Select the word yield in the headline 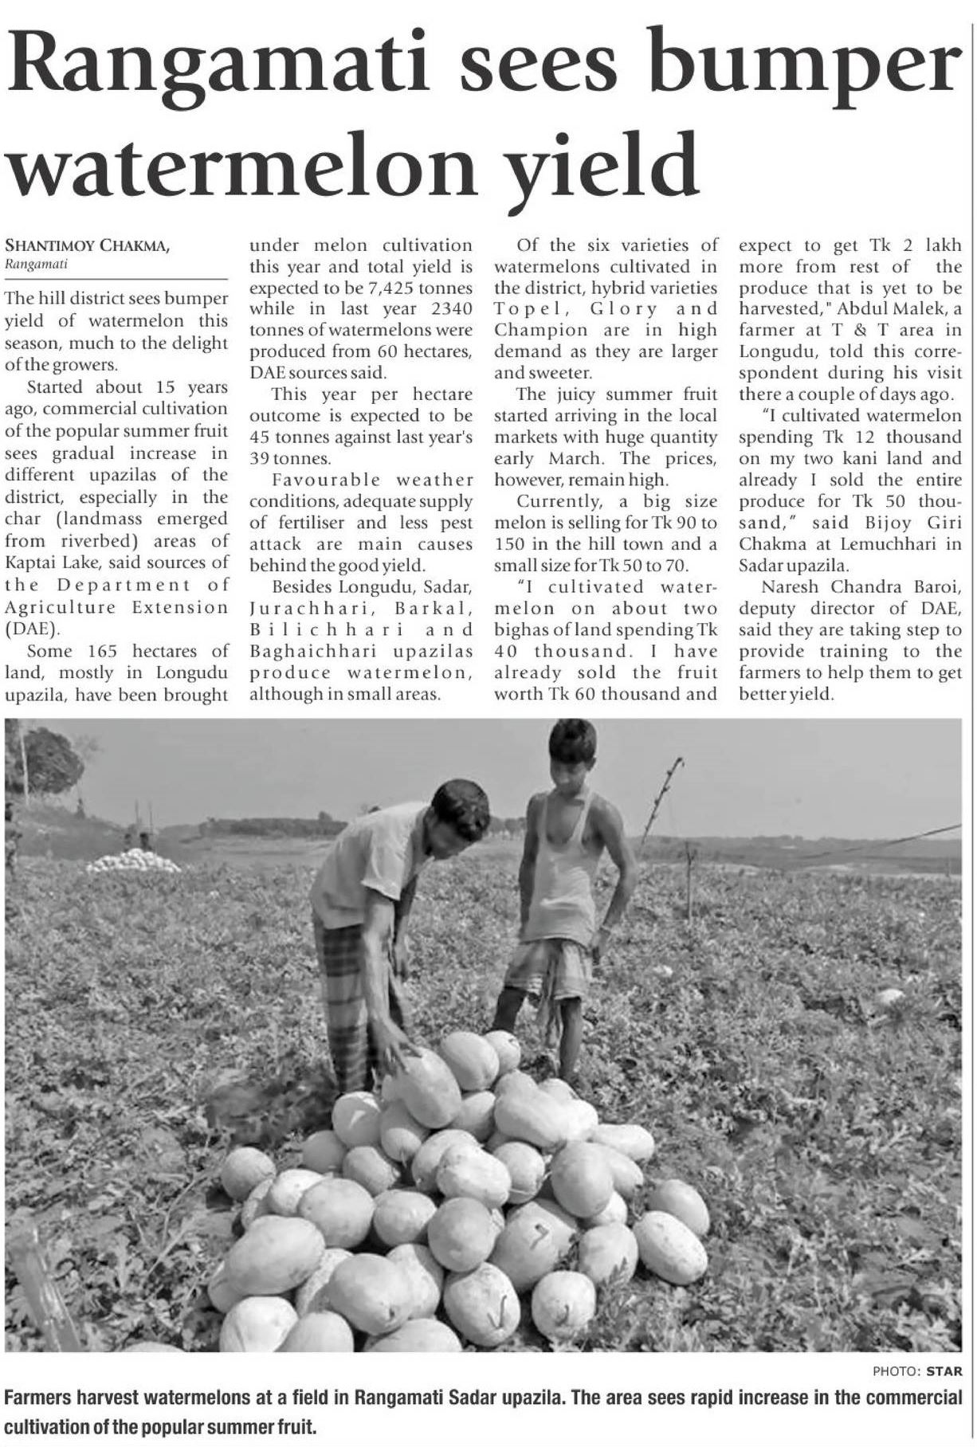click(x=606, y=163)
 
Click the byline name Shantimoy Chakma click(x=88, y=247)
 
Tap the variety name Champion click(x=542, y=330)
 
